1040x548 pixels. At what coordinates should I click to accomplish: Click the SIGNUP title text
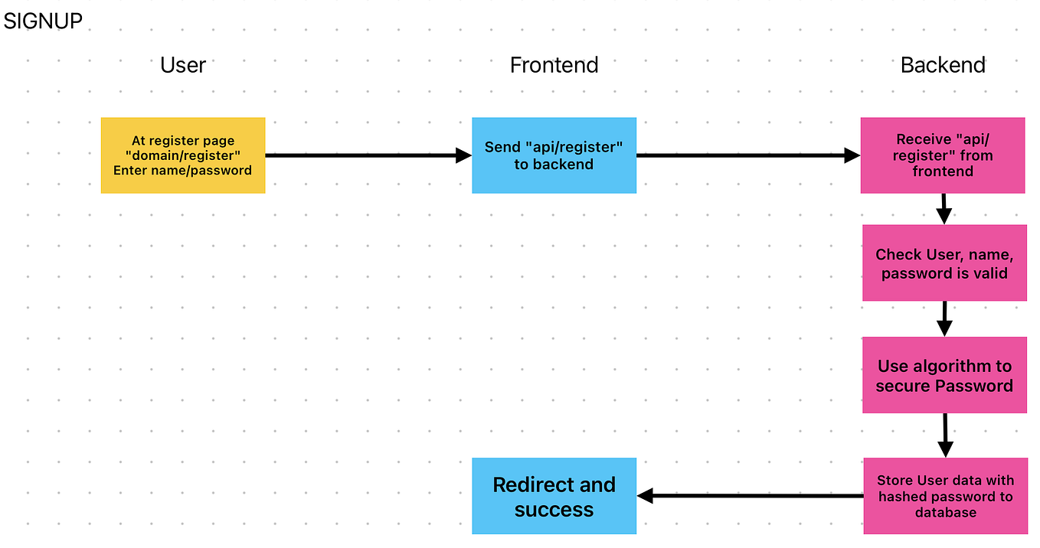43,21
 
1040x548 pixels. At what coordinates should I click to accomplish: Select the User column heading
183,65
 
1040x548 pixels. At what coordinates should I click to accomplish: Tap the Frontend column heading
554,65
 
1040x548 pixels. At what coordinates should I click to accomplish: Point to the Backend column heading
943,65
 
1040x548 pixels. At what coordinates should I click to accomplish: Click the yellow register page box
183,155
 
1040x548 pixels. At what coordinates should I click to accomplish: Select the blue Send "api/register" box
554,155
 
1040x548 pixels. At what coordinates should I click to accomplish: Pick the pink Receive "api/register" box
943,155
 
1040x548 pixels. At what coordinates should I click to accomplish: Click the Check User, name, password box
944,263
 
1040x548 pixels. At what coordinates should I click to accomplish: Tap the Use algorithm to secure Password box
944,375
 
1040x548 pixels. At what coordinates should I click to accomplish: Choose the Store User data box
945,496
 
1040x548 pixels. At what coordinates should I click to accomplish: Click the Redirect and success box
554,496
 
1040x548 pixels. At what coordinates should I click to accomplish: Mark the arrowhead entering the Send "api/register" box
463,155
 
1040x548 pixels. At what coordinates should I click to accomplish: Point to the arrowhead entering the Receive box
852,155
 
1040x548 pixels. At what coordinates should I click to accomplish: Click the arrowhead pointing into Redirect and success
645,496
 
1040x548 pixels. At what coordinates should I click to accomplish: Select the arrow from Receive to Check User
944,209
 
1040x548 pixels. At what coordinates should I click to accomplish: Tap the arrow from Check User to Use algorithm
944,318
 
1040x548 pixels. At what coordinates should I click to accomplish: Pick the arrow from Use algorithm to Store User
945,435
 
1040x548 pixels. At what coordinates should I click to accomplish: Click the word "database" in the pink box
945,513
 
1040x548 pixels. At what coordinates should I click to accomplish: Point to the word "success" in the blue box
554,510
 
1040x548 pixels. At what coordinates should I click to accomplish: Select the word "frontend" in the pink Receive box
943,171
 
